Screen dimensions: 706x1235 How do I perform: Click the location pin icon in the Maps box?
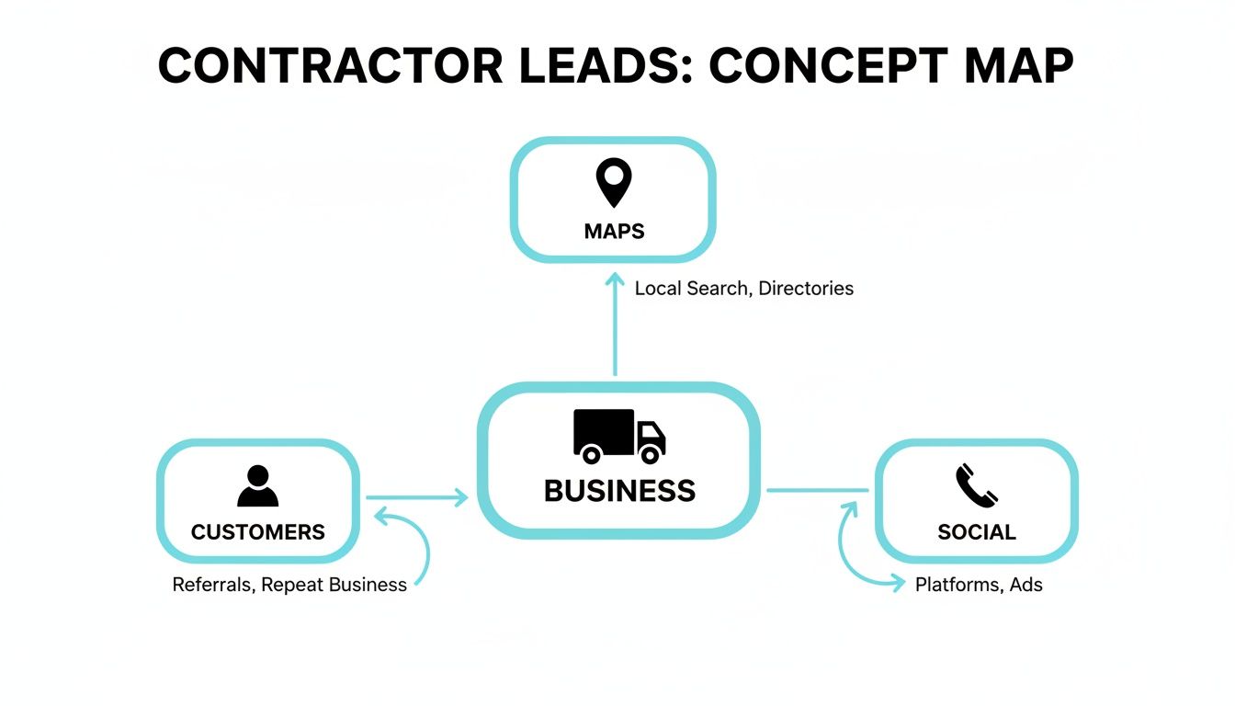(614, 182)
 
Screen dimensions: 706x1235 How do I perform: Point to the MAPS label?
(614, 231)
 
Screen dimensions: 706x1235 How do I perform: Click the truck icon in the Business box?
(619, 435)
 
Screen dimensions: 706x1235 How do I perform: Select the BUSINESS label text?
(619, 491)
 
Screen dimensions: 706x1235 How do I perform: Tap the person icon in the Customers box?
(257, 486)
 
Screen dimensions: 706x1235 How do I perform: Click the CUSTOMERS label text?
(257, 532)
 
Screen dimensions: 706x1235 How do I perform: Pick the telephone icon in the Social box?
(976, 486)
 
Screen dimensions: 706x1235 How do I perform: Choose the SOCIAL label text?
(976, 532)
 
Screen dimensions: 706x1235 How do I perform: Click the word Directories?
(806, 289)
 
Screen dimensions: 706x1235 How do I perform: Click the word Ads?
(1025, 585)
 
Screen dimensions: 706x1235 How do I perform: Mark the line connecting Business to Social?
(817, 491)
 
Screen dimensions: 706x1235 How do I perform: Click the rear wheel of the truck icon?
(591, 453)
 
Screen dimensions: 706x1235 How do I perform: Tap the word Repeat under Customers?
(292, 585)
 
